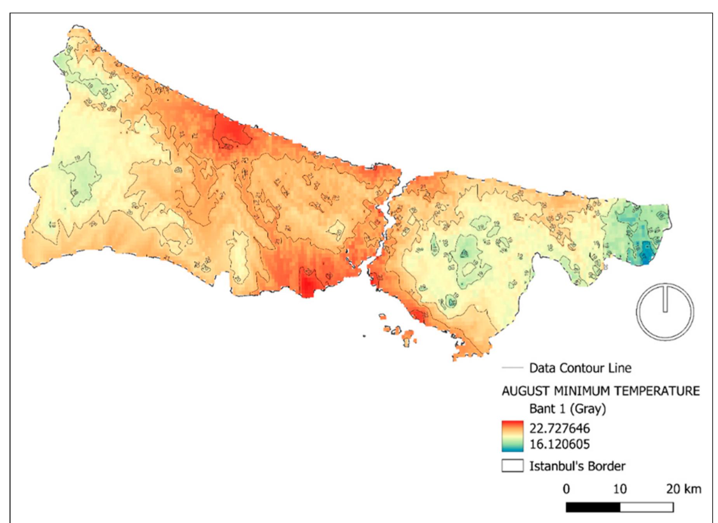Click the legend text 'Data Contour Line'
click(580, 368)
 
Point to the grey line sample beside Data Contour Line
click(512, 368)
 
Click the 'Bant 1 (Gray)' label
click(567, 409)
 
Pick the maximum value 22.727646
click(559, 428)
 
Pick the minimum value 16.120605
click(559, 444)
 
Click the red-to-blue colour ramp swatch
click(512, 436)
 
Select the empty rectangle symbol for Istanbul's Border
click(512, 466)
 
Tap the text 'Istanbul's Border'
click(577, 466)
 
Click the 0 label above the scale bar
click(566, 489)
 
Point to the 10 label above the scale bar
click(620, 489)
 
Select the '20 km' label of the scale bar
click(683, 489)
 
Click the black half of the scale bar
click(593, 507)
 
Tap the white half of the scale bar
click(647, 507)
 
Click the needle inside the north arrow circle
click(665, 299)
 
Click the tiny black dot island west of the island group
click(364, 336)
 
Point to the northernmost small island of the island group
click(382, 316)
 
